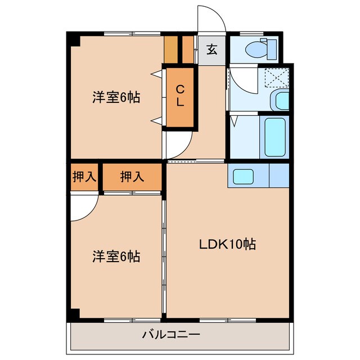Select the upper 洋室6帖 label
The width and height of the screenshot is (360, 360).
coord(116,97)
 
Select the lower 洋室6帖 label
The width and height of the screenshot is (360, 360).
coord(116,257)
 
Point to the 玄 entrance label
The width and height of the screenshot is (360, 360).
coord(211,49)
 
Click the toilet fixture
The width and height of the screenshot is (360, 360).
coord(259,49)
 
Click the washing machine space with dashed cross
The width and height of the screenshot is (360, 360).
coord(276,77)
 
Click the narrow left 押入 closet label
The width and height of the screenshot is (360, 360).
coord(84,177)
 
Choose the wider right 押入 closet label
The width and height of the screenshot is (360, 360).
coord(132,177)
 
